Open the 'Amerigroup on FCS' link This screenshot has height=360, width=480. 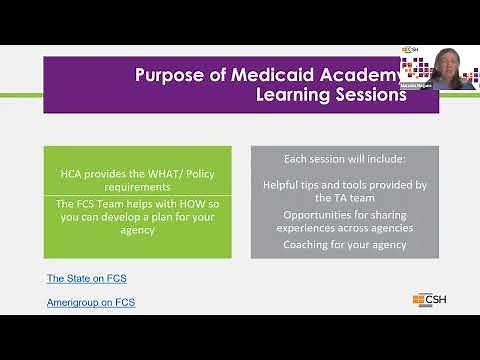[x=90, y=301]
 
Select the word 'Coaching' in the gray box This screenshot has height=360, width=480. [x=306, y=243]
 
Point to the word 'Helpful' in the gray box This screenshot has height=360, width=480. [x=281, y=185]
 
